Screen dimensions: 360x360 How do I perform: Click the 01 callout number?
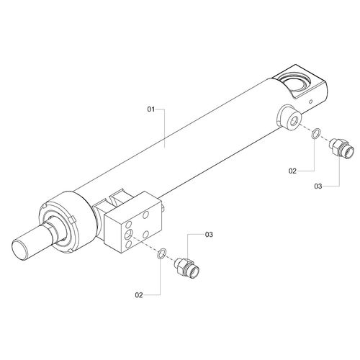(151, 109)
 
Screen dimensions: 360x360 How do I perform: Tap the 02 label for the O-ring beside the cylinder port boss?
(292, 171)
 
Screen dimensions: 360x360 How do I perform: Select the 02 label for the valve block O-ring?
(139, 295)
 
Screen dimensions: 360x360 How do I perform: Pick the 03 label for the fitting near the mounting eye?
(318, 186)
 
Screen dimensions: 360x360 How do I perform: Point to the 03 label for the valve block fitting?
(209, 234)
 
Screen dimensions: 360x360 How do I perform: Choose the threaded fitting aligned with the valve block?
(187, 268)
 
